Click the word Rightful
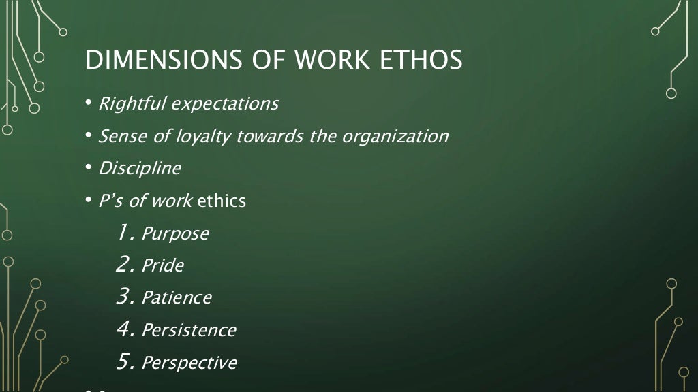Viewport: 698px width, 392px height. [x=132, y=104]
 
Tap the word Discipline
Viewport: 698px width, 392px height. [x=140, y=168]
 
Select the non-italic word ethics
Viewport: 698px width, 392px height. [x=222, y=201]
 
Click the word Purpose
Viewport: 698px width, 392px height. [x=175, y=234]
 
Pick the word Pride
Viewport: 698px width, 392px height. [x=162, y=265]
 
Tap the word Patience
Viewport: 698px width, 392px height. [x=177, y=298]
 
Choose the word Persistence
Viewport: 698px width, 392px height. [x=189, y=331]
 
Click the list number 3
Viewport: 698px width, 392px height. [x=124, y=297]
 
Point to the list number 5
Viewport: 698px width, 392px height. [x=125, y=362]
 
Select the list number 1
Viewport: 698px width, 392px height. [x=125, y=233]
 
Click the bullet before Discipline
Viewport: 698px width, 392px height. [x=89, y=168]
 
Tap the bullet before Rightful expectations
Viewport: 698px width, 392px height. [x=89, y=104]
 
